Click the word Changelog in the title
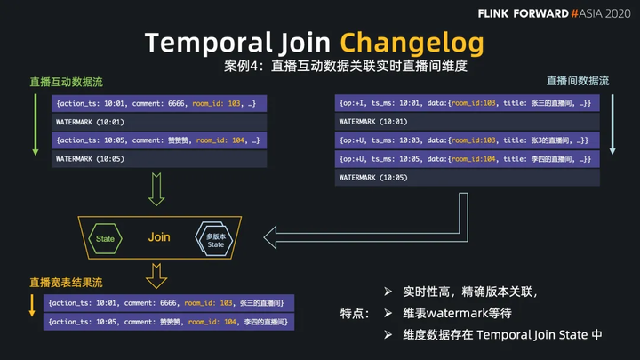412,42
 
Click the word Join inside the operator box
159,238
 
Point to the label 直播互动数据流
67,82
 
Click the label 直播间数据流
578,81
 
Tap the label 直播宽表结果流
66,283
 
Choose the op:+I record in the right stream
468,104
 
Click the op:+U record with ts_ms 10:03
468,140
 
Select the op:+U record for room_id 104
468,159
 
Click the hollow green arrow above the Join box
156,189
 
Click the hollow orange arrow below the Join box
156,276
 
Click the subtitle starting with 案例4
346,66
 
